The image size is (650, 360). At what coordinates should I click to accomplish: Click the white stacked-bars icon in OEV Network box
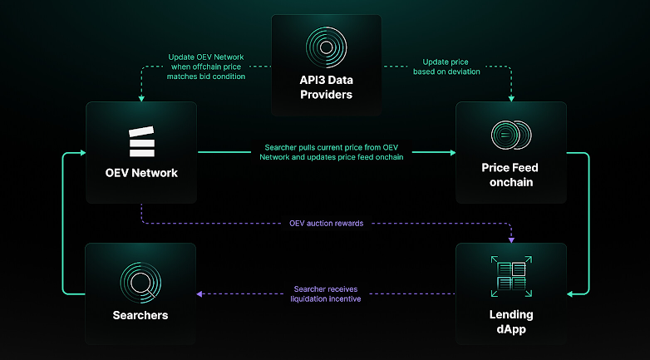click(141, 142)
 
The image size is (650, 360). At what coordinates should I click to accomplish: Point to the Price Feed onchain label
click(510, 175)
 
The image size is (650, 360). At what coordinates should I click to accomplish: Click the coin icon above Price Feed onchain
click(510, 135)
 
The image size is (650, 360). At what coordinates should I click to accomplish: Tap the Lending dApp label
click(510, 322)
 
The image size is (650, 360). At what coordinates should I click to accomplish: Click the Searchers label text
click(140, 315)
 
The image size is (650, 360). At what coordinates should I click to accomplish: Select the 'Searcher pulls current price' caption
click(332, 152)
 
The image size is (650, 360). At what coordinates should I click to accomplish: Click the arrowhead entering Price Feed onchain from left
click(451, 152)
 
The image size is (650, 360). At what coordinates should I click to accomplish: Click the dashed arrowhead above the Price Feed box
click(510, 96)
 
